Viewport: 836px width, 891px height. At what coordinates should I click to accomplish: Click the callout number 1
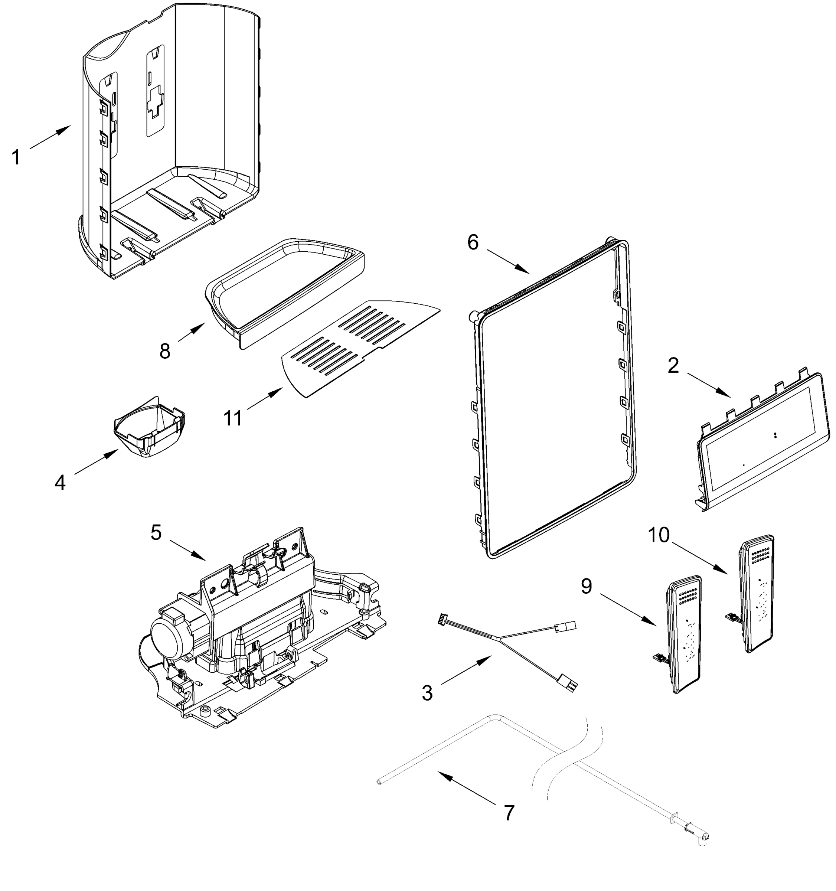[16, 158]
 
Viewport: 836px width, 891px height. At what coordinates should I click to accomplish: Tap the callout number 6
[473, 242]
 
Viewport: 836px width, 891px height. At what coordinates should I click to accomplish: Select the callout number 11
[233, 418]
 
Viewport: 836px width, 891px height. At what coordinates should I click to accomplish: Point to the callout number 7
[509, 813]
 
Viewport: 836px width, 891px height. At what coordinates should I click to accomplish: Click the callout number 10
[659, 535]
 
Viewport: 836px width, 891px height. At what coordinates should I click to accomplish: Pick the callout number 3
[427, 693]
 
